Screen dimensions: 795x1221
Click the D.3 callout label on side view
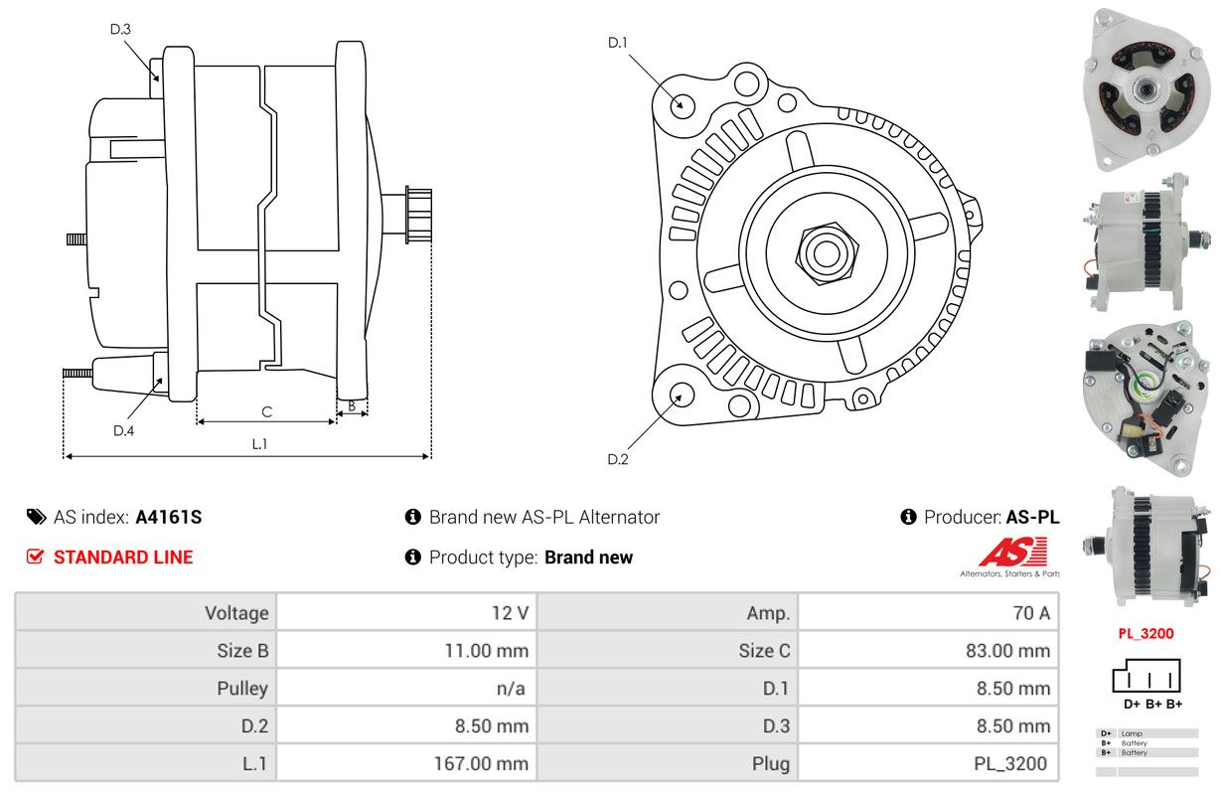click(x=120, y=29)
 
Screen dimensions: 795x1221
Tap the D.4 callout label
click(x=123, y=430)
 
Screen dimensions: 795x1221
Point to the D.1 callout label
click(x=618, y=42)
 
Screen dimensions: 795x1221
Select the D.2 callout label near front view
click(x=618, y=459)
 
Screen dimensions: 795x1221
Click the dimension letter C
click(x=266, y=411)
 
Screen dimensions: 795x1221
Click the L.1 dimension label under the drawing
click(x=259, y=444)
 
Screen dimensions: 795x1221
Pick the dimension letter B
click(x=352, y=405)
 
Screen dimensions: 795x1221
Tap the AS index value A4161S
click(x=169, y=517)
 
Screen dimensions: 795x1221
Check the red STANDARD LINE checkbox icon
click(x=36, y=556)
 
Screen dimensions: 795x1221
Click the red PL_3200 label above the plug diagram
click(x=1145, y=633)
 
